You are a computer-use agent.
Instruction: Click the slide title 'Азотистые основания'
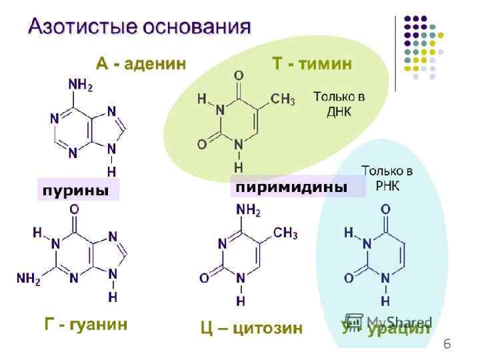(x=139, y=27)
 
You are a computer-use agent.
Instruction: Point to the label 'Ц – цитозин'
(x=251, y=328)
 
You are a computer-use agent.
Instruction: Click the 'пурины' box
(x=76, y=190)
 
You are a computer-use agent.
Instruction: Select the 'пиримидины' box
(x=292, y=187)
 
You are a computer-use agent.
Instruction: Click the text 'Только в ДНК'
(x=339, y=104)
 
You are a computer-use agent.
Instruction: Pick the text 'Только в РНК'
(x=387, y=177)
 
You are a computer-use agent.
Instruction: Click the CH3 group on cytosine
(x=285, y=233)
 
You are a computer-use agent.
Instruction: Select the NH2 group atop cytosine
(x=248, y=211)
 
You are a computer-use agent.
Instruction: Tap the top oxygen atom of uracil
(x=385, y=210)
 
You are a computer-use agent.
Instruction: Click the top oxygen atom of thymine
(x=239, y=75)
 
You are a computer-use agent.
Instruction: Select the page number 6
(x=447, y=344)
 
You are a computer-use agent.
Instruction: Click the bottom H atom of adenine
(x=111, y=171)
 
